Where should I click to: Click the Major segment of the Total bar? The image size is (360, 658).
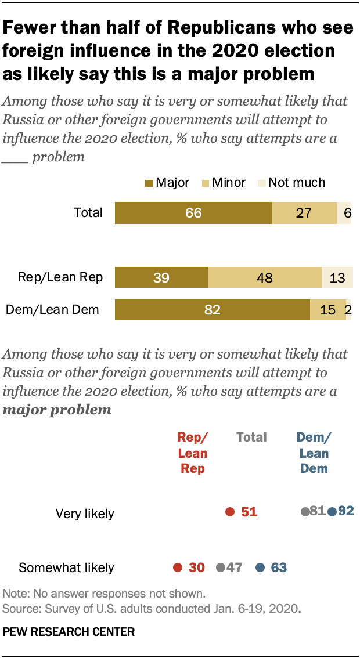click(193, 213)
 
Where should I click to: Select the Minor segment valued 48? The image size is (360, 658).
click(264, 277)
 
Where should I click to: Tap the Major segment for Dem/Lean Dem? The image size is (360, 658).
click(212, 310)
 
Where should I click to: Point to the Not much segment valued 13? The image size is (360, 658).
click(337, 277)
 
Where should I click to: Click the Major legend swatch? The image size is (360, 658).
click(149, 183)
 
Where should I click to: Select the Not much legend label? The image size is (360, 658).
click(297, 183)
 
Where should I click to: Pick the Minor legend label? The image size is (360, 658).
click(229, 183)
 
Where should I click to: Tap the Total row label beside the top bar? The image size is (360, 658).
click(88, 212)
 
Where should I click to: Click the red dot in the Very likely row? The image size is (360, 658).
click(230, 512)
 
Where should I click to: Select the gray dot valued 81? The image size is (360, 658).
click(304, 512)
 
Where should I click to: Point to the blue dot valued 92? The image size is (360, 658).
click(332, 512)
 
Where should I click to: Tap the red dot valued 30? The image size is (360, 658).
click(177, 567)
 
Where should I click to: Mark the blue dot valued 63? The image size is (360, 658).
click(261, 567)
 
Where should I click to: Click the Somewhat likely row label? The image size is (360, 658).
click(66, 567)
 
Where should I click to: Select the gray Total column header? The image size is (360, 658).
click(251, 437)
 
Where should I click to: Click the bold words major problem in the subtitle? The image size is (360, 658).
click(57, 410)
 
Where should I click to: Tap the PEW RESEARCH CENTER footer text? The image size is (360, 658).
click(69, 632)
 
